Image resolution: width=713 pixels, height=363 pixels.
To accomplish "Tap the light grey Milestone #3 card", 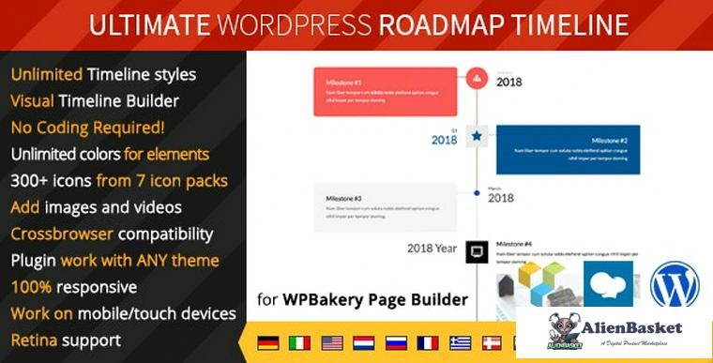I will [385, 207].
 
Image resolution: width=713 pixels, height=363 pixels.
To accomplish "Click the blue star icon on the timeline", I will [478, 137].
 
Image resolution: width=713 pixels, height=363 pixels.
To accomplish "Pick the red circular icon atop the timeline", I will [478, 78].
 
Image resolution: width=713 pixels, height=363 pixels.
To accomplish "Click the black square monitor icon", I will [478, 250].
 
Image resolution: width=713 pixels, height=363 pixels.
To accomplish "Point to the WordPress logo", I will [675, 284].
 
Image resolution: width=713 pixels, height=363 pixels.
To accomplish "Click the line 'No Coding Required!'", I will [88, 127].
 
